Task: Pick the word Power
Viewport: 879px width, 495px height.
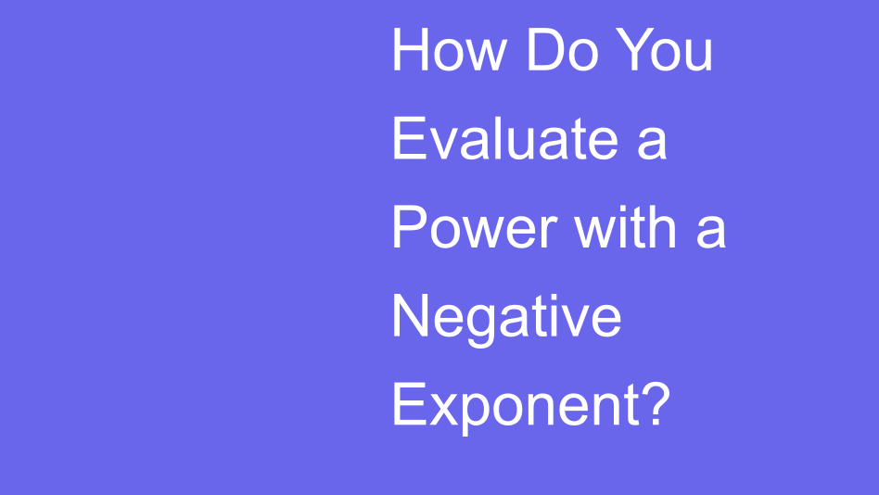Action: pyautogui.click(x=473, y=227)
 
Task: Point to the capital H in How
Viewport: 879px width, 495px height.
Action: pyautogui.click(x=412, y=51)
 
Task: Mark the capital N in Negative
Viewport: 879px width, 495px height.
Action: pyautogui.click(x=412, y=316)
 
